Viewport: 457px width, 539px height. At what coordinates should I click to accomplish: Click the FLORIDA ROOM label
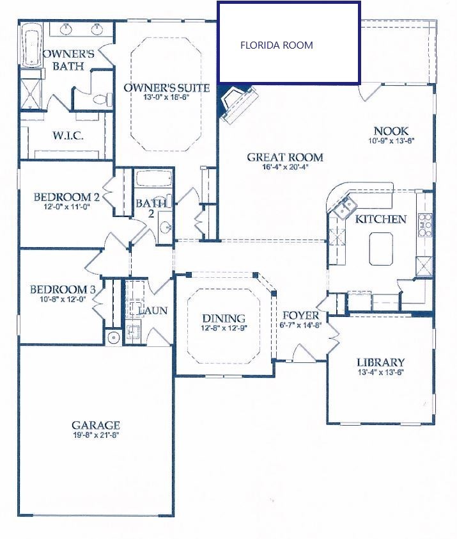277,45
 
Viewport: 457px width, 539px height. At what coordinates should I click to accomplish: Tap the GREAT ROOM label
285,157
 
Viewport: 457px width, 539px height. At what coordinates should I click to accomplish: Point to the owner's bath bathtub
31,45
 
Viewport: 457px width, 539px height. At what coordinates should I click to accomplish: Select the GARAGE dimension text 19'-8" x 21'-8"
96,435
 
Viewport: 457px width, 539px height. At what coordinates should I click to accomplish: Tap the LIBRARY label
381,362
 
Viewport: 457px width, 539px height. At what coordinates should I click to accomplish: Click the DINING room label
224,318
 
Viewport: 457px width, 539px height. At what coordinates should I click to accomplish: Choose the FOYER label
300,316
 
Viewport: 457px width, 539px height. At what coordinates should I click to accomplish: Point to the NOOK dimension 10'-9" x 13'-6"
392,141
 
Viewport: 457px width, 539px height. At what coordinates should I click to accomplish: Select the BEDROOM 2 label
66,197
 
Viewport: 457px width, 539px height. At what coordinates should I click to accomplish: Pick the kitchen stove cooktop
424,225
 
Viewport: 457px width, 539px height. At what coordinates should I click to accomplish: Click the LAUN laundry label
153,310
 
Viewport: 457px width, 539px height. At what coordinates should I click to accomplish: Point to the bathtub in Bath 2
153,179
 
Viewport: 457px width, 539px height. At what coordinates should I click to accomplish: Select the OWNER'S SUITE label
166,88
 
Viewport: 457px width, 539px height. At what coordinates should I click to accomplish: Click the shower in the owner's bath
29,90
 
